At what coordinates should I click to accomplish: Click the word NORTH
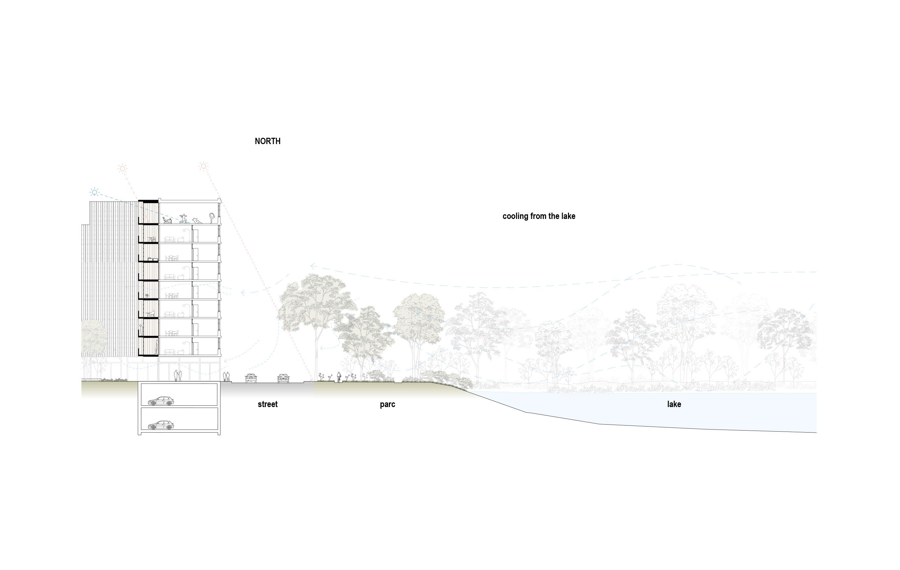267,141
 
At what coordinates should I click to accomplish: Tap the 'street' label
267,404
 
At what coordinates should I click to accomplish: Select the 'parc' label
387,404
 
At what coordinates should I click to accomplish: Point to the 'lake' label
674,404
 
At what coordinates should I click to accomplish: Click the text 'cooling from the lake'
539,216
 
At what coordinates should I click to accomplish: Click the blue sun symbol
95,192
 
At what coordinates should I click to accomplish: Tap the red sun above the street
203,166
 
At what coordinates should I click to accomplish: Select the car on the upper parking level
161,401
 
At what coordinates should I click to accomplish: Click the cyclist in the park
339,377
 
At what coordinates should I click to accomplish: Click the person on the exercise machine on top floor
167,220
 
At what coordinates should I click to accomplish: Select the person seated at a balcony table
152,314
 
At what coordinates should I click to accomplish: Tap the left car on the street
251,378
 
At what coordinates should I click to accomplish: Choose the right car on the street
283,378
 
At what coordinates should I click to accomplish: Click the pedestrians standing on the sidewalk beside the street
226,376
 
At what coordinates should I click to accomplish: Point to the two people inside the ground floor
177,376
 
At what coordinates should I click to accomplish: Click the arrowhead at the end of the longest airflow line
312,266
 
